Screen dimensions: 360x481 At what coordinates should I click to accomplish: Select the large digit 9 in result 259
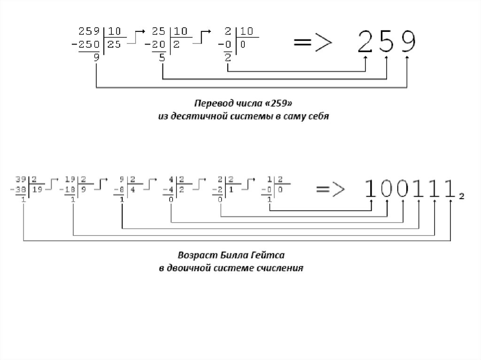(407, 42)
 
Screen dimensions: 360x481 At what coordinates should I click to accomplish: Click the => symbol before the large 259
(312, 43)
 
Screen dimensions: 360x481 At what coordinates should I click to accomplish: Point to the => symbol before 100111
(330, 189)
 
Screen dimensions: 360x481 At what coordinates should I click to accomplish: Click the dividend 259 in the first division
(89, 32)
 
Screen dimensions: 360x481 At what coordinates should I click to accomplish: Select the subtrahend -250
(87, 44)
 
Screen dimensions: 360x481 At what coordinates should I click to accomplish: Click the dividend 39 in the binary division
(20, 178)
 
